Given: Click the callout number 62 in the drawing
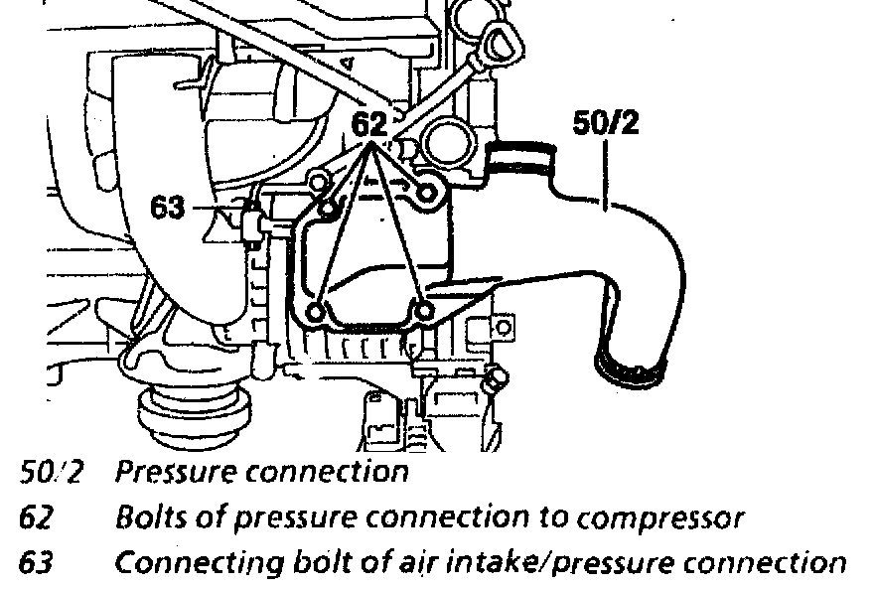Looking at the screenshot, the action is pyautogui.click(x=371, y=125).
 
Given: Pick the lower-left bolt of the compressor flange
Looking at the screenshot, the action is pyautogui.click(x=317, y=313).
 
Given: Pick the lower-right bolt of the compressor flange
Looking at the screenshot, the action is pyautogui.click(x=424, y=313).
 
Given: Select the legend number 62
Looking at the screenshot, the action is pyautogui.click(x=36, y=517).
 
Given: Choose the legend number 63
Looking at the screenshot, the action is pyautogui.click(x=36, y=563).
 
